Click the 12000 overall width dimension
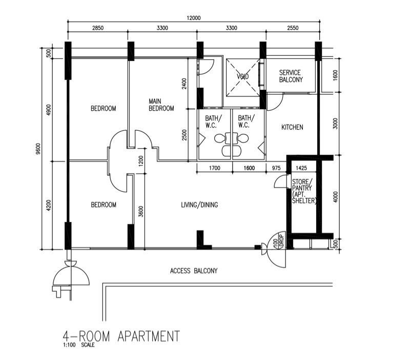(x=193, y=17)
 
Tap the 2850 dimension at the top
(x=97, y=28)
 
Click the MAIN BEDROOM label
(x=161, y=105)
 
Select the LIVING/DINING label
(x=199, y=205)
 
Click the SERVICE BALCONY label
(x=291, y=76)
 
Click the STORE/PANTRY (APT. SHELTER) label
(x=304, y=191)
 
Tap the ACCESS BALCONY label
(x=194, y=271)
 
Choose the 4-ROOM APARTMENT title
(x=121, y=336)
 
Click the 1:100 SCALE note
(x=78, y=345)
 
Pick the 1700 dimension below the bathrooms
(x=214, y=168)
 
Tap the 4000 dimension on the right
(x=336, y=197)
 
